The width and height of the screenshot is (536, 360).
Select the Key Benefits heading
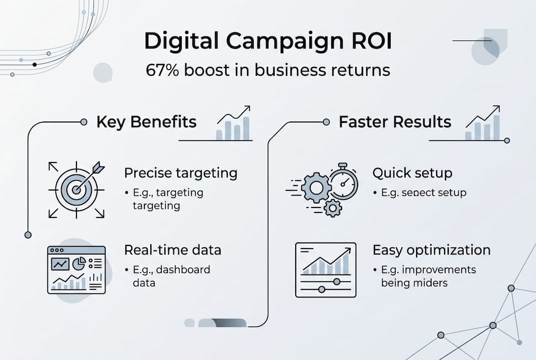point(146,122)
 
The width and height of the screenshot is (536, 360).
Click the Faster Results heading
point(395,122)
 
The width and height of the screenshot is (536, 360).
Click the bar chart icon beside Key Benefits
point(233,123)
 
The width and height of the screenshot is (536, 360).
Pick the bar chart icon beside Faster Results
point(483,123)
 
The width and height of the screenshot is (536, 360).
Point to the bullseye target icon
point(76,190)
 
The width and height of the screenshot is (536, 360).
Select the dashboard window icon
point(76,269)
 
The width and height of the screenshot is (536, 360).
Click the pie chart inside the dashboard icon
point(79,262)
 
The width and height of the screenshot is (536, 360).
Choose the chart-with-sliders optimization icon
point(326,270)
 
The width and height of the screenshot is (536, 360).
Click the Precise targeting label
point(180,173)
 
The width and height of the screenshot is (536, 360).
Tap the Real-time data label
point(172,249)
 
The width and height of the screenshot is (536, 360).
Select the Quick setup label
point(412,173)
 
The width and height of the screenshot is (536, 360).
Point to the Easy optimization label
point(432,249)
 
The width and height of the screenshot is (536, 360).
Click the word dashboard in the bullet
point(183,270)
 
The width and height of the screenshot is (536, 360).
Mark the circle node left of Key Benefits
point(84,121)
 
